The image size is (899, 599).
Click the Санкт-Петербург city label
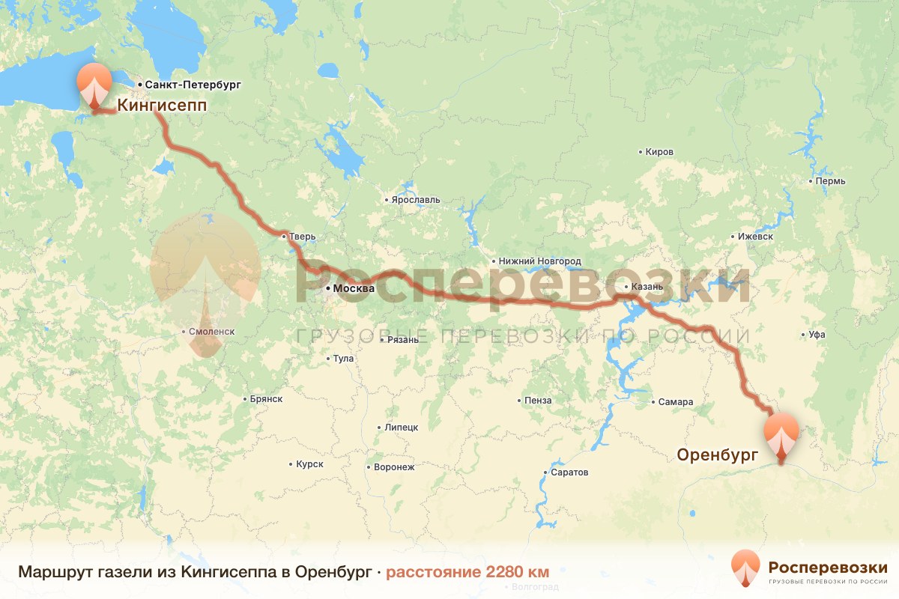point(193,85)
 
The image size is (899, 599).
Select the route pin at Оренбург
point(781,434)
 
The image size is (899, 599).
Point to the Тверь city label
point(303,237)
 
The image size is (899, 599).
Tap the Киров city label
point(659,152)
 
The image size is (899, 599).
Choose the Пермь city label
point(831,181)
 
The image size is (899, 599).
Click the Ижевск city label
point(754,237)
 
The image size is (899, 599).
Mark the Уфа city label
point(817,335)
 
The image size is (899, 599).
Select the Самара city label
point(676,402)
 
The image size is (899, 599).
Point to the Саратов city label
point(569,472)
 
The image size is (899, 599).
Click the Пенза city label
point(538,401)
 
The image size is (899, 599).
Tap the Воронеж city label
point(394,467)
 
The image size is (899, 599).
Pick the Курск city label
point(309,464)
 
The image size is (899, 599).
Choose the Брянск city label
point(267,399)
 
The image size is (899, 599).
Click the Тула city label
point(343,359)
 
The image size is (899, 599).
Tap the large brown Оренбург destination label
point(718,454)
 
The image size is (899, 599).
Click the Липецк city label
point(401,428)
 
